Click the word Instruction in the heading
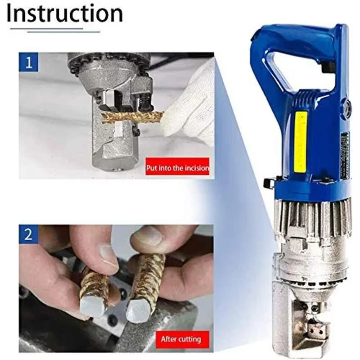(x=64, y=13)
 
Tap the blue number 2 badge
(x=29, y=234)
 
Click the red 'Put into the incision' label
(x=177, y=168)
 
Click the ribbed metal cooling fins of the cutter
(x=310, y=218)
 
